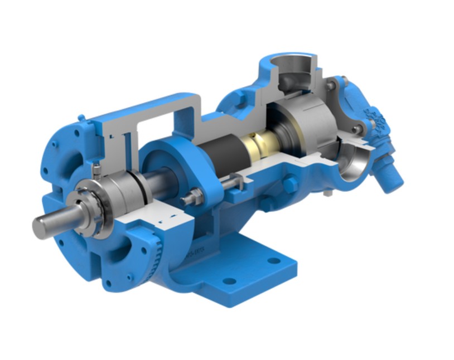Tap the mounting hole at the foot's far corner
point(274,260)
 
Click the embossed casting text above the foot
point(196,251)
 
